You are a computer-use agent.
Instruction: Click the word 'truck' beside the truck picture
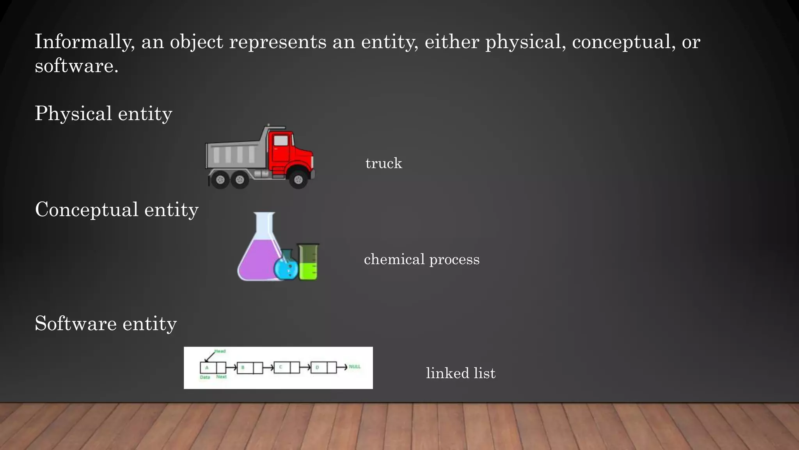(384, 163)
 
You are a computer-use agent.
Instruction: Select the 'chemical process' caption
(421, 259)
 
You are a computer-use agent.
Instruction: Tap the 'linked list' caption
(460, 373)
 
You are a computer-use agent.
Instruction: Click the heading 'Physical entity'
(103, 114)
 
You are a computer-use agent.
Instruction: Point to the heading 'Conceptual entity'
(117, 210)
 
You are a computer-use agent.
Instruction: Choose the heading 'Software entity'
(106, 324)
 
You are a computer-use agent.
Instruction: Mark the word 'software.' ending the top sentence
(76, 66)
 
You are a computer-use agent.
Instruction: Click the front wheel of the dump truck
(298, 180)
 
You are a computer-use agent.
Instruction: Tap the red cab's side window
(281, 141)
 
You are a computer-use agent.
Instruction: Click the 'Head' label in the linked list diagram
(220, 351)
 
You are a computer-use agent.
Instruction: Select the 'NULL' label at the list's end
(355, 367)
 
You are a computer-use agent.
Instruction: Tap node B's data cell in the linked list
(245, 368)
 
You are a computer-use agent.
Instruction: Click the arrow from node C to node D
(305, 367)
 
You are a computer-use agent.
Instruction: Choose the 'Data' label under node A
(205, 377)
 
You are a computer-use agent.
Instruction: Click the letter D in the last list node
(317, 368)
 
